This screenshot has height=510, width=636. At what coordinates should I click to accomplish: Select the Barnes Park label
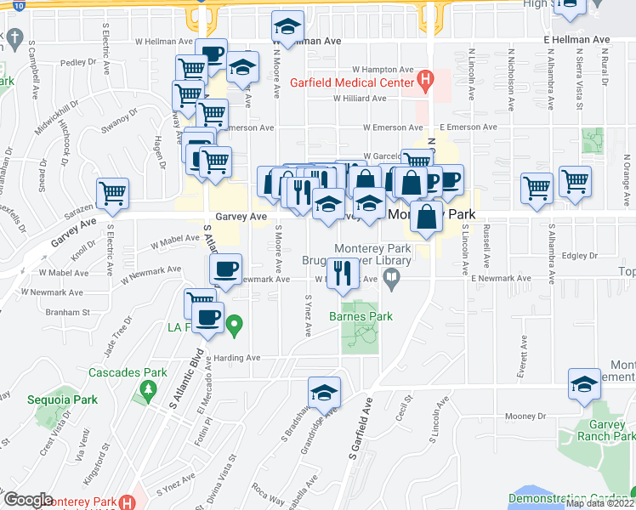(361, 316)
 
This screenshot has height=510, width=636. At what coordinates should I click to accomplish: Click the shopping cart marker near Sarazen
(112, 194)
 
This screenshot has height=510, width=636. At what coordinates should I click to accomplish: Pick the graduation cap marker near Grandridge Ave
(324, 393)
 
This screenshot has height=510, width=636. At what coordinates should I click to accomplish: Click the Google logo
(28, 500)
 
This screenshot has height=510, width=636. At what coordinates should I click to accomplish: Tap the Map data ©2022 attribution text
(599, 503)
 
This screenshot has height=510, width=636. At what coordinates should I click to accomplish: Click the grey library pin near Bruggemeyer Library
(391, 277)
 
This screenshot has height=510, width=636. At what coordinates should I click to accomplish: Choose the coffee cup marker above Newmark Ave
(225, 269)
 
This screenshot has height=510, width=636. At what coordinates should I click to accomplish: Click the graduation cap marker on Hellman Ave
(288, 26)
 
